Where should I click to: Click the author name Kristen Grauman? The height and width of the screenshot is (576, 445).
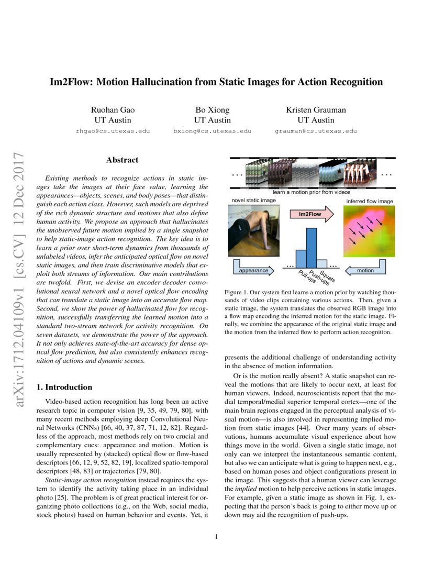click(x=316, y=110)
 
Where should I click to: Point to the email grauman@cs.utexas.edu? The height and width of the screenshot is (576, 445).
click(x=316, y=131)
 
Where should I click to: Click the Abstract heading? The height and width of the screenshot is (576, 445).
click(x=122, y=160)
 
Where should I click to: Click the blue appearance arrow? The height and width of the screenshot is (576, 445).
click(x=253, y=270)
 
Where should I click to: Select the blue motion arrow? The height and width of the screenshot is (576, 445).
click(x=365, y=270)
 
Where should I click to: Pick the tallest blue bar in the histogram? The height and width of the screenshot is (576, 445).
click(x=311, y=247)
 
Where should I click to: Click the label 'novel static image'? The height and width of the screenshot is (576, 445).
click(x=253, y=201)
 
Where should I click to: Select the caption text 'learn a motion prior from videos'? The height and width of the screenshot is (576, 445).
click(x=311, y=193)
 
